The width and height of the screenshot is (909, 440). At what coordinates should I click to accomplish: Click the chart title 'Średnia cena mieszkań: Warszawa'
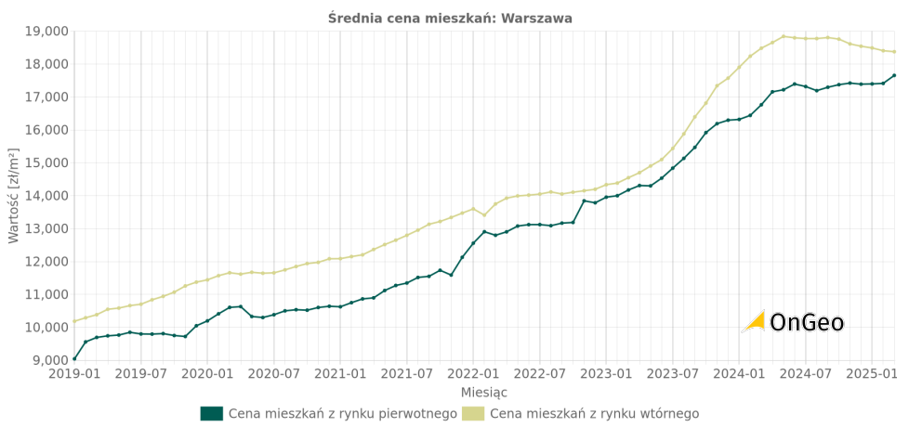[450, 19]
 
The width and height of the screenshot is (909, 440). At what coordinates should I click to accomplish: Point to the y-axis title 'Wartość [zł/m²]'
[14, 196]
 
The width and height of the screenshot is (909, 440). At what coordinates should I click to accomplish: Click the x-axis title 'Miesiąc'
[484, 393]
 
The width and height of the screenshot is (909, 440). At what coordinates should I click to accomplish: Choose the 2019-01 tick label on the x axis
[74, 374]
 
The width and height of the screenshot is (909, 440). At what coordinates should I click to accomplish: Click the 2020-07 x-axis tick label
[273, 374]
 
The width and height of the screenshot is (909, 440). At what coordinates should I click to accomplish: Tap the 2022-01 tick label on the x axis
[473, 374]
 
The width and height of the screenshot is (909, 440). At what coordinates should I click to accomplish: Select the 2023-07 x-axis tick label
[672, 374]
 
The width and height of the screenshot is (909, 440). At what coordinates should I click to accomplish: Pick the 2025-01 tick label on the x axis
[871, 374]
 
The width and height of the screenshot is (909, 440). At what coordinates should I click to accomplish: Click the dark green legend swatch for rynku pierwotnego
[212, 414]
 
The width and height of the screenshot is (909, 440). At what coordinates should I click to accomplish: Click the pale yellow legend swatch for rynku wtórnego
[473, 414]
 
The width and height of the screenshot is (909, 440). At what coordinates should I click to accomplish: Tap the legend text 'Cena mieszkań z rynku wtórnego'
[594, 414]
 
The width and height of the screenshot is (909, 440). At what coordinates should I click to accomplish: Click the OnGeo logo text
[807, 323]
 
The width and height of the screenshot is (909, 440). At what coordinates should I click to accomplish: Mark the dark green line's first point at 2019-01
[74, 358]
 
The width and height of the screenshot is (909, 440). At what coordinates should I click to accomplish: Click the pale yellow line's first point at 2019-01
[74, 322]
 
